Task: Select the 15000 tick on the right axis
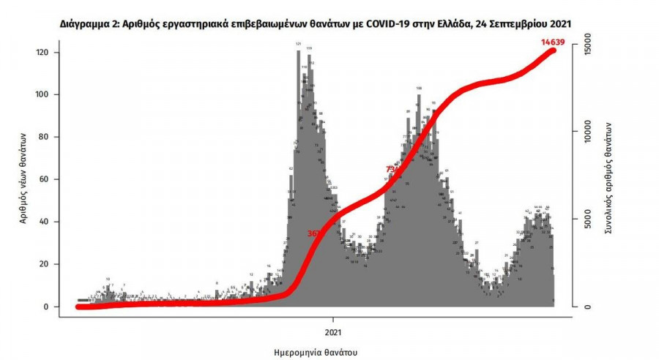click(x=584, y=47)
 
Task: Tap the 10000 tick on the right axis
click(x=584, y=133)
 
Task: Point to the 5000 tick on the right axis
click(x=584, y=220)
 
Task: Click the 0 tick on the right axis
click(x=584, y=307)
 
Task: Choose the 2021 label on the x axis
click(x=333, y=320)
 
